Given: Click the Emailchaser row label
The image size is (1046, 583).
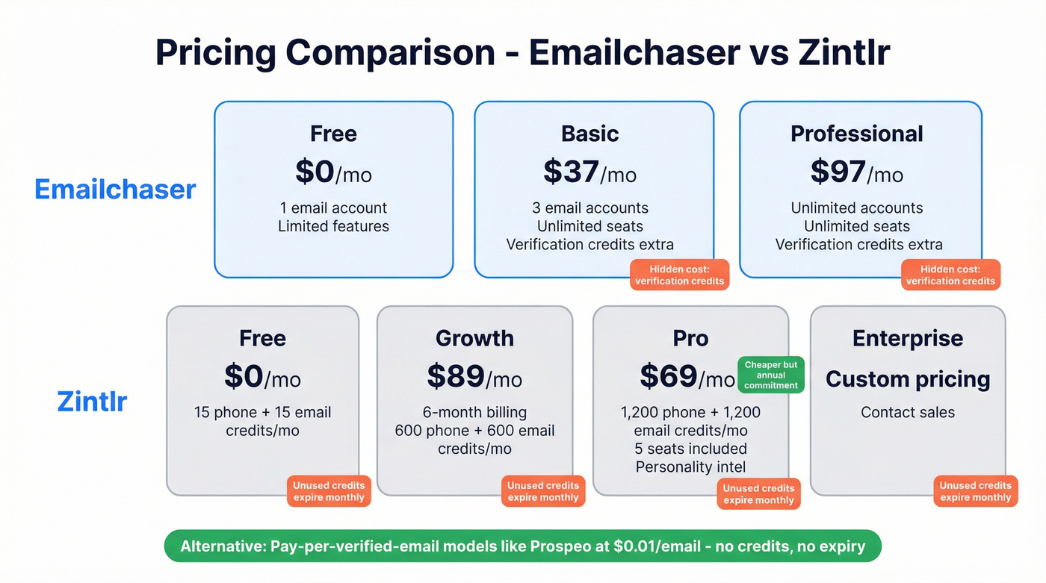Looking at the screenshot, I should click(x=115, y=190).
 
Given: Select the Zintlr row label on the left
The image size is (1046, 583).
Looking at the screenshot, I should click(x=92, y=402).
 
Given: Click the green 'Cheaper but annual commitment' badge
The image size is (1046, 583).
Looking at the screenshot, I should click(x=771, y=375).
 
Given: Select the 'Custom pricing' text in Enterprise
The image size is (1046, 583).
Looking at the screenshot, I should click(x=908, y=379).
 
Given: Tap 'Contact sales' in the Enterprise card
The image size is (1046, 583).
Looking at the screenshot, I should click(x=908, y=412).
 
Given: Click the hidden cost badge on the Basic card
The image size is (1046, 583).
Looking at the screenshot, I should click(x=679, y=275).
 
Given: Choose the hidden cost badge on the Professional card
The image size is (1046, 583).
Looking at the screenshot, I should click(x=950, y=275).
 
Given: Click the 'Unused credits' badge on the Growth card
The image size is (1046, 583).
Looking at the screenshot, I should click(x=543, y=491).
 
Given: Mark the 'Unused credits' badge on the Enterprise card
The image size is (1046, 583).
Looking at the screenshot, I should click(x=975, y=491).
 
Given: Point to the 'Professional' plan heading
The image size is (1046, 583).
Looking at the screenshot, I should click(x=856, y=134).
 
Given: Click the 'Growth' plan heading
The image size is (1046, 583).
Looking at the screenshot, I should click(x=474, y=338).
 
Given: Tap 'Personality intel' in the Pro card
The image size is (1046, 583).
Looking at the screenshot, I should click(x=690, y=467).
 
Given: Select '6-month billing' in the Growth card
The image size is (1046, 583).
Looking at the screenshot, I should click(x=474, y=412).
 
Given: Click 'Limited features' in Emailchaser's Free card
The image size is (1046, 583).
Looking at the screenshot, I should click(x=333, y=226).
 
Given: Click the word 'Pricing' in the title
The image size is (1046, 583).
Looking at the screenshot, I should click(x=217, y=53).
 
